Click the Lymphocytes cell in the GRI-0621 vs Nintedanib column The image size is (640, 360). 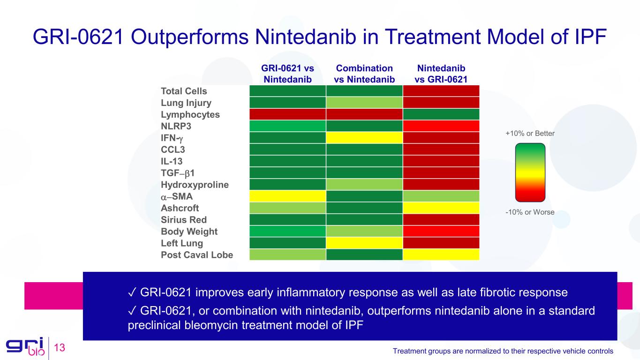click(287, 114)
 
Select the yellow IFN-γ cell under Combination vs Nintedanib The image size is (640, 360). click(364, 138)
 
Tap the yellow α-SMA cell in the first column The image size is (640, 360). click(287, 196)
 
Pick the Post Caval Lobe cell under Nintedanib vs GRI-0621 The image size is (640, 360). click(441, 255)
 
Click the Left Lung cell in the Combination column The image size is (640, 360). click(364, 243)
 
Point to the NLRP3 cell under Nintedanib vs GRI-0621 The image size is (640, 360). click(441, 126)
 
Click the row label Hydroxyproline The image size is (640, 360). click(195, 185)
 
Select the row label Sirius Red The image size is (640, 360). click(183, 220)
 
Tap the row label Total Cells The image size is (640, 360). click(184, 91)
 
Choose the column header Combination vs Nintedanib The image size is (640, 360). click(364, 74)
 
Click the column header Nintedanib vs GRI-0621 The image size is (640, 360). click(441, 74)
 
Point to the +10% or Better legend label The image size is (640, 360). click(530, 134)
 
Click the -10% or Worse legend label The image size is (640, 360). click(530, 212)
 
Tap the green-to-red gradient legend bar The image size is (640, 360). click(530, 172)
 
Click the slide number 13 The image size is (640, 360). click(59, 348)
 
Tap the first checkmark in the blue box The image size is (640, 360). click(132, 293)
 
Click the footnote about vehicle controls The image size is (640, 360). click(503, 351)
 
